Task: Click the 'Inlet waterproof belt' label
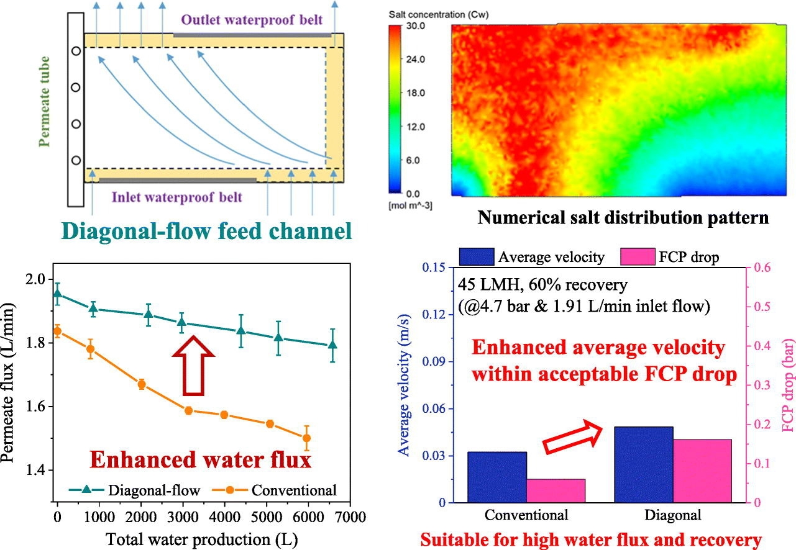(x=176, y=197)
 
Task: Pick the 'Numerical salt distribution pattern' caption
(x=623, y=218)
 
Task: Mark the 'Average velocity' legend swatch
(x=477, y=256)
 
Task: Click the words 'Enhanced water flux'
(x=199, y=460)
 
